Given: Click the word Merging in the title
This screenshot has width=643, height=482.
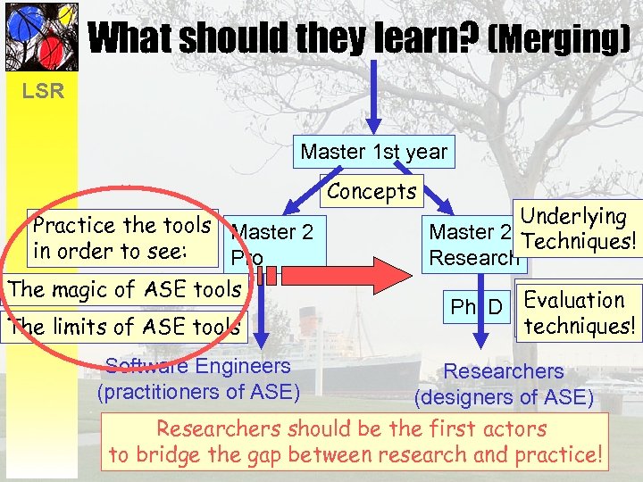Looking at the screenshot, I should tap(561, 38).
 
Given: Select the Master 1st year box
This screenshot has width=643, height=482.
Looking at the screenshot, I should tap(373, 152).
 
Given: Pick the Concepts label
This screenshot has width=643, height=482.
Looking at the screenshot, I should tap(372, 191).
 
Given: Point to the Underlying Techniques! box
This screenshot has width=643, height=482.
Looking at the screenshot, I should tap(578, 229).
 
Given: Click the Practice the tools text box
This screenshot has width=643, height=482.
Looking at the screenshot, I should tap(121, 237).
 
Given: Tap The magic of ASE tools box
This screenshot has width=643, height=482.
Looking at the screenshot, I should tap(125, 288).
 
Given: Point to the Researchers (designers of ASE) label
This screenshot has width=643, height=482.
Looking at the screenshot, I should tap(504, 383).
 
